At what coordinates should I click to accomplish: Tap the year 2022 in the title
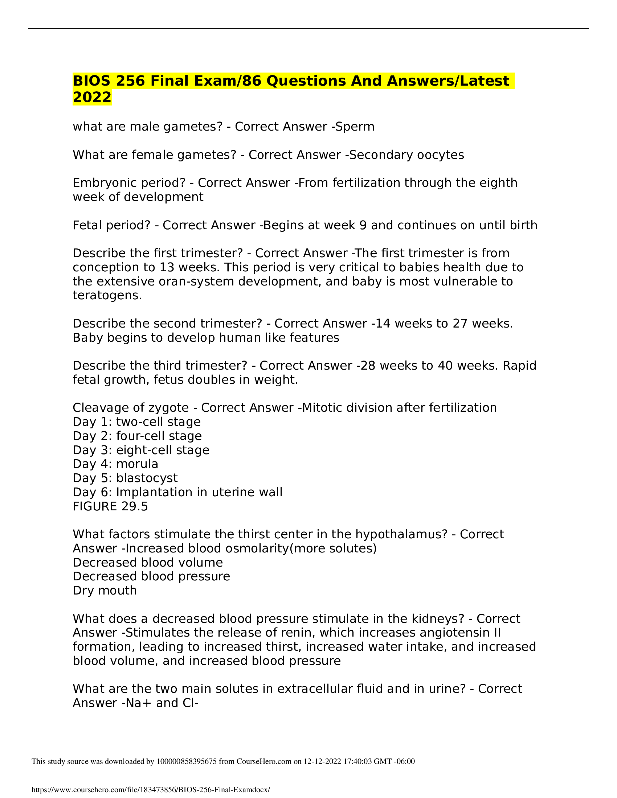coord(92,97)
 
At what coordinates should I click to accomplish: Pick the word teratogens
coord(107,295)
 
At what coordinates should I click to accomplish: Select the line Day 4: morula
coord(115,464)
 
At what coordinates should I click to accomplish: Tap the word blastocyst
coord(147,478)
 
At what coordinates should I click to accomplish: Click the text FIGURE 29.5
coord(110,506)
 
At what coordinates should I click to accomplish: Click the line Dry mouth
coord(105,591)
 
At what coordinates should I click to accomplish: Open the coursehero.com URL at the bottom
coord(151,790)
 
